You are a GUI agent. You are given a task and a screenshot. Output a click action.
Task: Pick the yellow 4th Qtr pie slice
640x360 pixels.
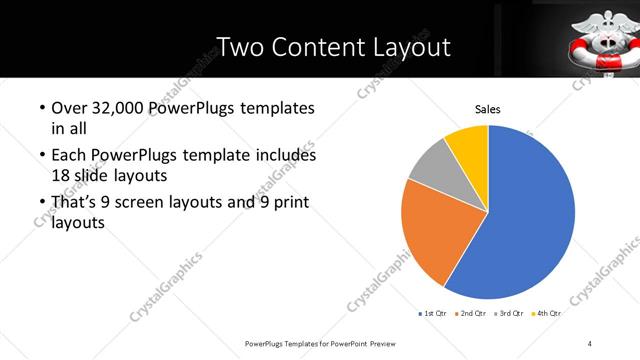point(468,143)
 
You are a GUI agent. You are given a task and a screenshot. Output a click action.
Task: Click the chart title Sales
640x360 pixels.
point(487,110)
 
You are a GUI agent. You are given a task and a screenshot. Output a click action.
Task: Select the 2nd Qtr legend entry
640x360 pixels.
point(473,313)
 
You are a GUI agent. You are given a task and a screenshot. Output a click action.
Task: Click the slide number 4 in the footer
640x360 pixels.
point(590,344)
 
